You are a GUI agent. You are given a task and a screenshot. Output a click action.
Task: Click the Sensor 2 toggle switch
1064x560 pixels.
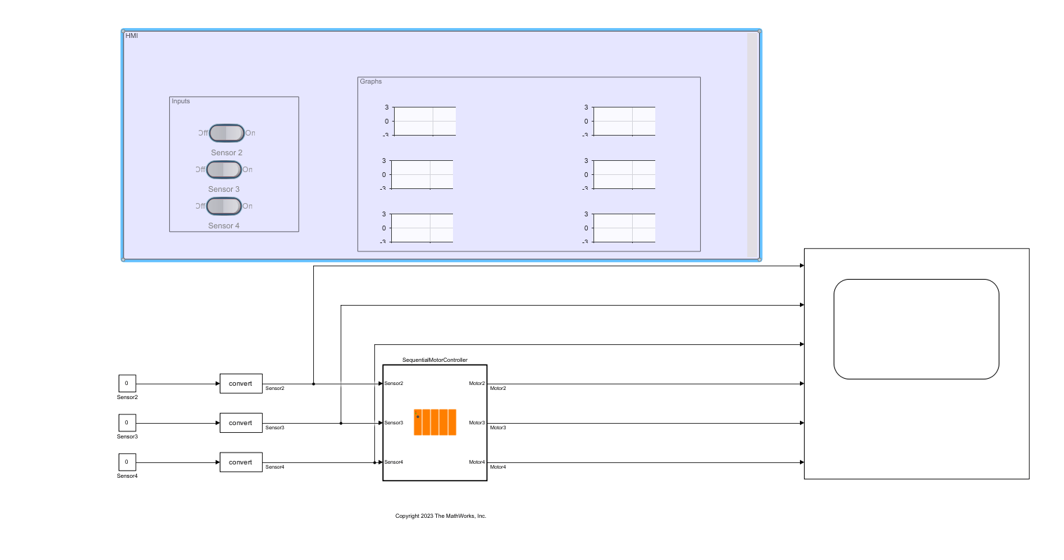tap(226, 133)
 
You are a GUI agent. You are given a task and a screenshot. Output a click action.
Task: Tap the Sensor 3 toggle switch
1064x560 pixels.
tap(223, 169)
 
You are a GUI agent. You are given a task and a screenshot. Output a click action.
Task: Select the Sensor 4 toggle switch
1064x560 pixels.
tap(223, 206)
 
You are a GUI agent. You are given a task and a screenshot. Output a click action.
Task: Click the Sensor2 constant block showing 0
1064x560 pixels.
tap(127, 384)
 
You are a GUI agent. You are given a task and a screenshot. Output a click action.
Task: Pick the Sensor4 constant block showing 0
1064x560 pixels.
tap(127, 462)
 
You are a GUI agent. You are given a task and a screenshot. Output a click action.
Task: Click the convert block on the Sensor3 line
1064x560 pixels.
tap(241, 423)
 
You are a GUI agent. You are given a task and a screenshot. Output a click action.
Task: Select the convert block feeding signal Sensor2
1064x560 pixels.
tap(241, 384)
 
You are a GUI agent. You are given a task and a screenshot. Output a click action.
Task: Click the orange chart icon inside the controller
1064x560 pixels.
tap(435, 422)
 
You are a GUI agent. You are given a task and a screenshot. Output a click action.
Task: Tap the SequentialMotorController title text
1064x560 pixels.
tap(435, 360)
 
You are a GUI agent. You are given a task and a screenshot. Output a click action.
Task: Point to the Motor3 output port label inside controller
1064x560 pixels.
tap(477, 423)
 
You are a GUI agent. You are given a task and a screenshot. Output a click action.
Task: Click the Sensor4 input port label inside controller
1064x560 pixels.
tap(394, 462)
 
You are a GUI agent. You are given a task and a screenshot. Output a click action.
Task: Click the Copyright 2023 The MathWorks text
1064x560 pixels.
tap(440, 516)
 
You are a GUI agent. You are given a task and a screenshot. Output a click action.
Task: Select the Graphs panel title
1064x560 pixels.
tap(371, 82)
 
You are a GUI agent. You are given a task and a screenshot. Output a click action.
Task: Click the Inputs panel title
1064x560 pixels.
tap(180, 101)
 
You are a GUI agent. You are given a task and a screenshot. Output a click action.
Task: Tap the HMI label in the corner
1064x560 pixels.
tap(131, 36)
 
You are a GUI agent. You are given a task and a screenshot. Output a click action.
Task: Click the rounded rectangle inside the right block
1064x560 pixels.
tap(916, 329)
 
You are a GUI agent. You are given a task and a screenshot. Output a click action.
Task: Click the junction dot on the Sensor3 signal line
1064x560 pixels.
tap(341, 423)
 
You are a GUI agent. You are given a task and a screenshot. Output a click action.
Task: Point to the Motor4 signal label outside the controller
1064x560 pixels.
tap(498, 467)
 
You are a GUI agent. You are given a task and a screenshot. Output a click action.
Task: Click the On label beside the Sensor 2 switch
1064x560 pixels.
tap(250, 133)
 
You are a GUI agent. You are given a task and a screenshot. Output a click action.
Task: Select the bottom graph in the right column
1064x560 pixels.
tap(624, 228)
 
